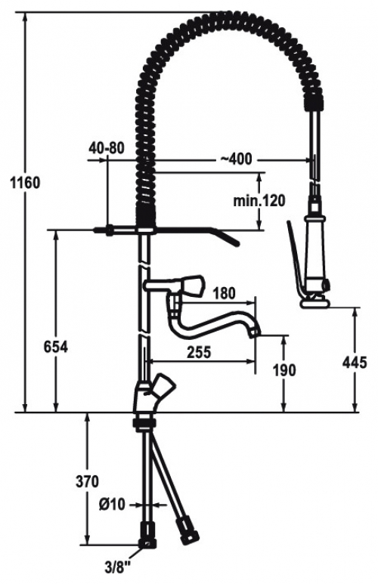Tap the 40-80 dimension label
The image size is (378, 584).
(106, 148)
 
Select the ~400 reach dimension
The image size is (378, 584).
(236, 159)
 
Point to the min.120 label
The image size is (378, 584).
(259, 201)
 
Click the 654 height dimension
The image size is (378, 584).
(56, 347)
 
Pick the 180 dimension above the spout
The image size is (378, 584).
(223, 293)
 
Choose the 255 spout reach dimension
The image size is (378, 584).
(199, 352)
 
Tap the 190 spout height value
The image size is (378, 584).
(284, 370)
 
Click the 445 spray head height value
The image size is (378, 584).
(355, 362)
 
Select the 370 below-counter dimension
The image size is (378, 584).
(87, 481)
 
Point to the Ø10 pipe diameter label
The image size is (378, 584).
(112, 505)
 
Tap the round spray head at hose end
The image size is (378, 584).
(315, 303)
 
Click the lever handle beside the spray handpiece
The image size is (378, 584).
(295, 257)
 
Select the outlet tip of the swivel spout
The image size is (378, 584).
(255, 331)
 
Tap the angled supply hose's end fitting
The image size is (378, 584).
(187, 530)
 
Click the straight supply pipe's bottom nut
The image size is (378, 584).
(147, 544)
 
